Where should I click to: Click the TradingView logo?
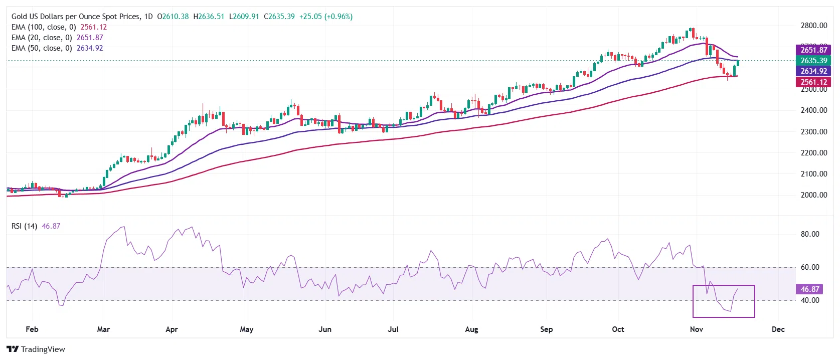click(36, 349)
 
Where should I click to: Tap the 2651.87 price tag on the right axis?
click(813, 50)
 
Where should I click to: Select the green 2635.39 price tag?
click(813, 61)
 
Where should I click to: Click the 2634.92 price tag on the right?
click(813, 71)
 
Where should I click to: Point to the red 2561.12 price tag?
click(813, 82)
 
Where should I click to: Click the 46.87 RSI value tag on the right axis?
click(809, 289)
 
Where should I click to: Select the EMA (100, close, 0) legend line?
click(59, 27)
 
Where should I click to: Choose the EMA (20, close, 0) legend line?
click(57, 38)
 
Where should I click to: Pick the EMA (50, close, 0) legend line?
click(57, 48)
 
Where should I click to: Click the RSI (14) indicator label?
click(25, 226)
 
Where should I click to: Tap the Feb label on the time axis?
click(32, 329)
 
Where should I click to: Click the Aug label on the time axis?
click(471, 329)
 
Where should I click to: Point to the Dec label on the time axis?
click(778, 329)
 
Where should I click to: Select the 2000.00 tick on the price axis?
click(813, 195)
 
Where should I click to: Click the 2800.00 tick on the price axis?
click(813, 26)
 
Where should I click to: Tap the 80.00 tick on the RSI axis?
click(810, 234)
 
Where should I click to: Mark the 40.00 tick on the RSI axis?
click(810, 300)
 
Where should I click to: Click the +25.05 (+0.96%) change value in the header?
click(326, 17)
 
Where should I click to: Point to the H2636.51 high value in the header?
click(209, 17)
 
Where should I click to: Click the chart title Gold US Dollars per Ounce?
click(76, 17)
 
